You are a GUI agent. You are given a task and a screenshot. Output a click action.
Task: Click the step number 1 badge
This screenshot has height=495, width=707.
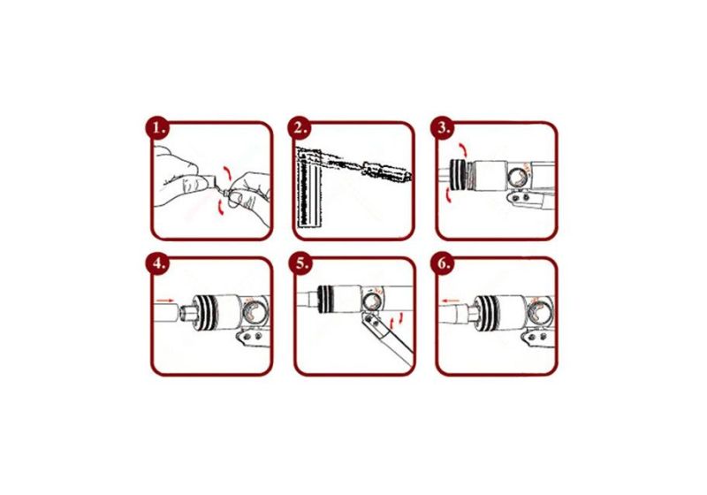click(159, 129)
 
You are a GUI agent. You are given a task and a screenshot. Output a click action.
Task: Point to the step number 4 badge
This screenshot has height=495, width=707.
click(159, 264)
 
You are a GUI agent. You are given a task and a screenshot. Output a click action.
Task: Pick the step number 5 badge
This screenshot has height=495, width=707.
click(302, 264)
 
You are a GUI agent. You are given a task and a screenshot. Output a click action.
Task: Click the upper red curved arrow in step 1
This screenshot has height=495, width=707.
click(232, 169)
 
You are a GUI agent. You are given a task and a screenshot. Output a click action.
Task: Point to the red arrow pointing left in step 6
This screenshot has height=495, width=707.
click(452, 300)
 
